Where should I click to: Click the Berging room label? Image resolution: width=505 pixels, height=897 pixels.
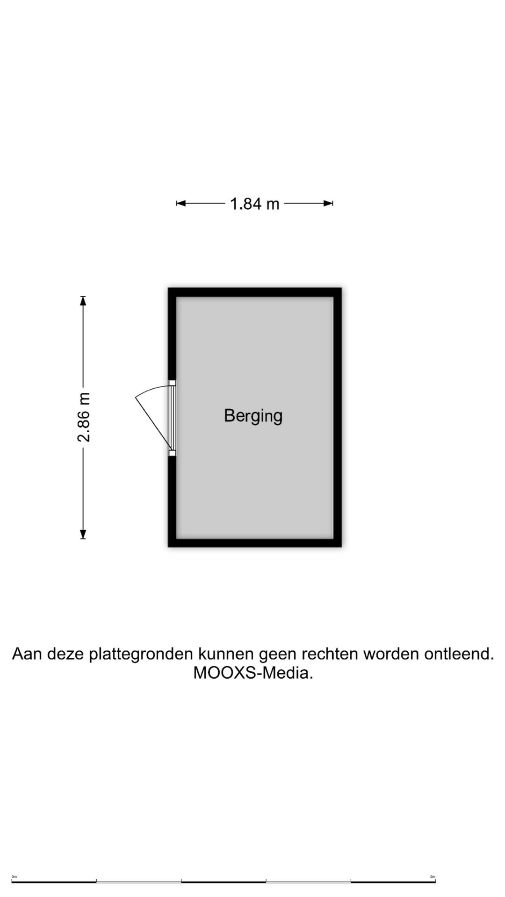click(x=253, y=416)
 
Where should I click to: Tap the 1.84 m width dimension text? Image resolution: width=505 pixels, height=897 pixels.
click(x=254, y=204)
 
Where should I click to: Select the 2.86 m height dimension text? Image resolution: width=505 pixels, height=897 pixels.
click(x=84, y=417)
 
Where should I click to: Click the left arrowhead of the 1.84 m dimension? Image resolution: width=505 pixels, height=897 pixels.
click(x=180, y=203)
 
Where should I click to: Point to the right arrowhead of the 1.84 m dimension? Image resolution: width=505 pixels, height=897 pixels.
click(x=328, y=203)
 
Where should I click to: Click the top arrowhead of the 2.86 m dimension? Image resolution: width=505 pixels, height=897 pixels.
click(x=83, y=300)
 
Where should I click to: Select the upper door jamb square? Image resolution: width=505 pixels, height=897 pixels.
click(x=172, y=383)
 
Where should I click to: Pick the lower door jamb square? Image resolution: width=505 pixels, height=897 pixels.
click(x=172, y=453)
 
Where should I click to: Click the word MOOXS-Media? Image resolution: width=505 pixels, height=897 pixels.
click(x=253, y=673)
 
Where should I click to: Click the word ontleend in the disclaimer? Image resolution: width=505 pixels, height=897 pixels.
click(x=457, y=654)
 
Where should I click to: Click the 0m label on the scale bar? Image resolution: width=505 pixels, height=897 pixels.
click(x=14, y=877)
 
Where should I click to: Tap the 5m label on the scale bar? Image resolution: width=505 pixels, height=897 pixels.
click(x=433, y=877)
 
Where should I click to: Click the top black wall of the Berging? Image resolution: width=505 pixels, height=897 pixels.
click(x=255, y=292)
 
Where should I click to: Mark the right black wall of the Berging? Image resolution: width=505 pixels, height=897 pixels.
click(x=337, y=417)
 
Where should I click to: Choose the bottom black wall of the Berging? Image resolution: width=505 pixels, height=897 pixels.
click(x=255, y=542)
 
